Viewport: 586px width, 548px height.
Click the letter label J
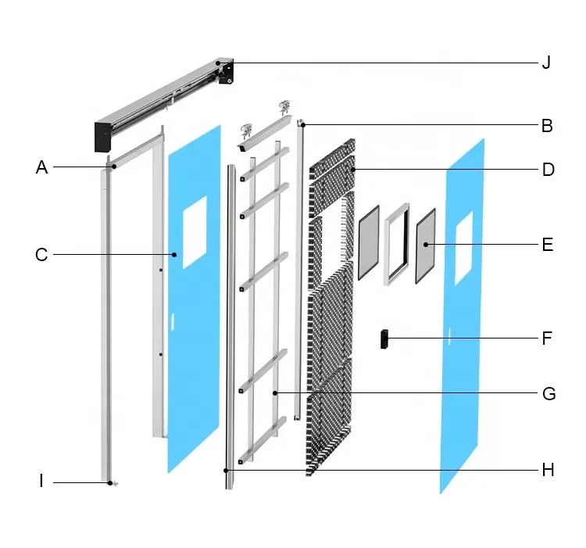click(546, 63)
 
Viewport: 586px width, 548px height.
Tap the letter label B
click(547, 125)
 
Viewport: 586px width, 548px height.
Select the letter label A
click(41, 167)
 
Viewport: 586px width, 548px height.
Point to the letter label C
click(41, 255)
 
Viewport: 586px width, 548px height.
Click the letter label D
click(548, 170)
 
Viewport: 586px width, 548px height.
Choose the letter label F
click(547, 338)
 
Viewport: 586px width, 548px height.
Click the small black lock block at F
click(384, 339)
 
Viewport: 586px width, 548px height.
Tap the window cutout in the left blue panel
click(195, 221)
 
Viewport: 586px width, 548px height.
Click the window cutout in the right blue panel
click(463, 245)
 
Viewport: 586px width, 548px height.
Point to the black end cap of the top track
click(105, 136)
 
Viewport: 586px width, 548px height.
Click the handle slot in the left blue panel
click(172, 319)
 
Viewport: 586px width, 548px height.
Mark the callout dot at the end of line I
click(111, 483)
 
